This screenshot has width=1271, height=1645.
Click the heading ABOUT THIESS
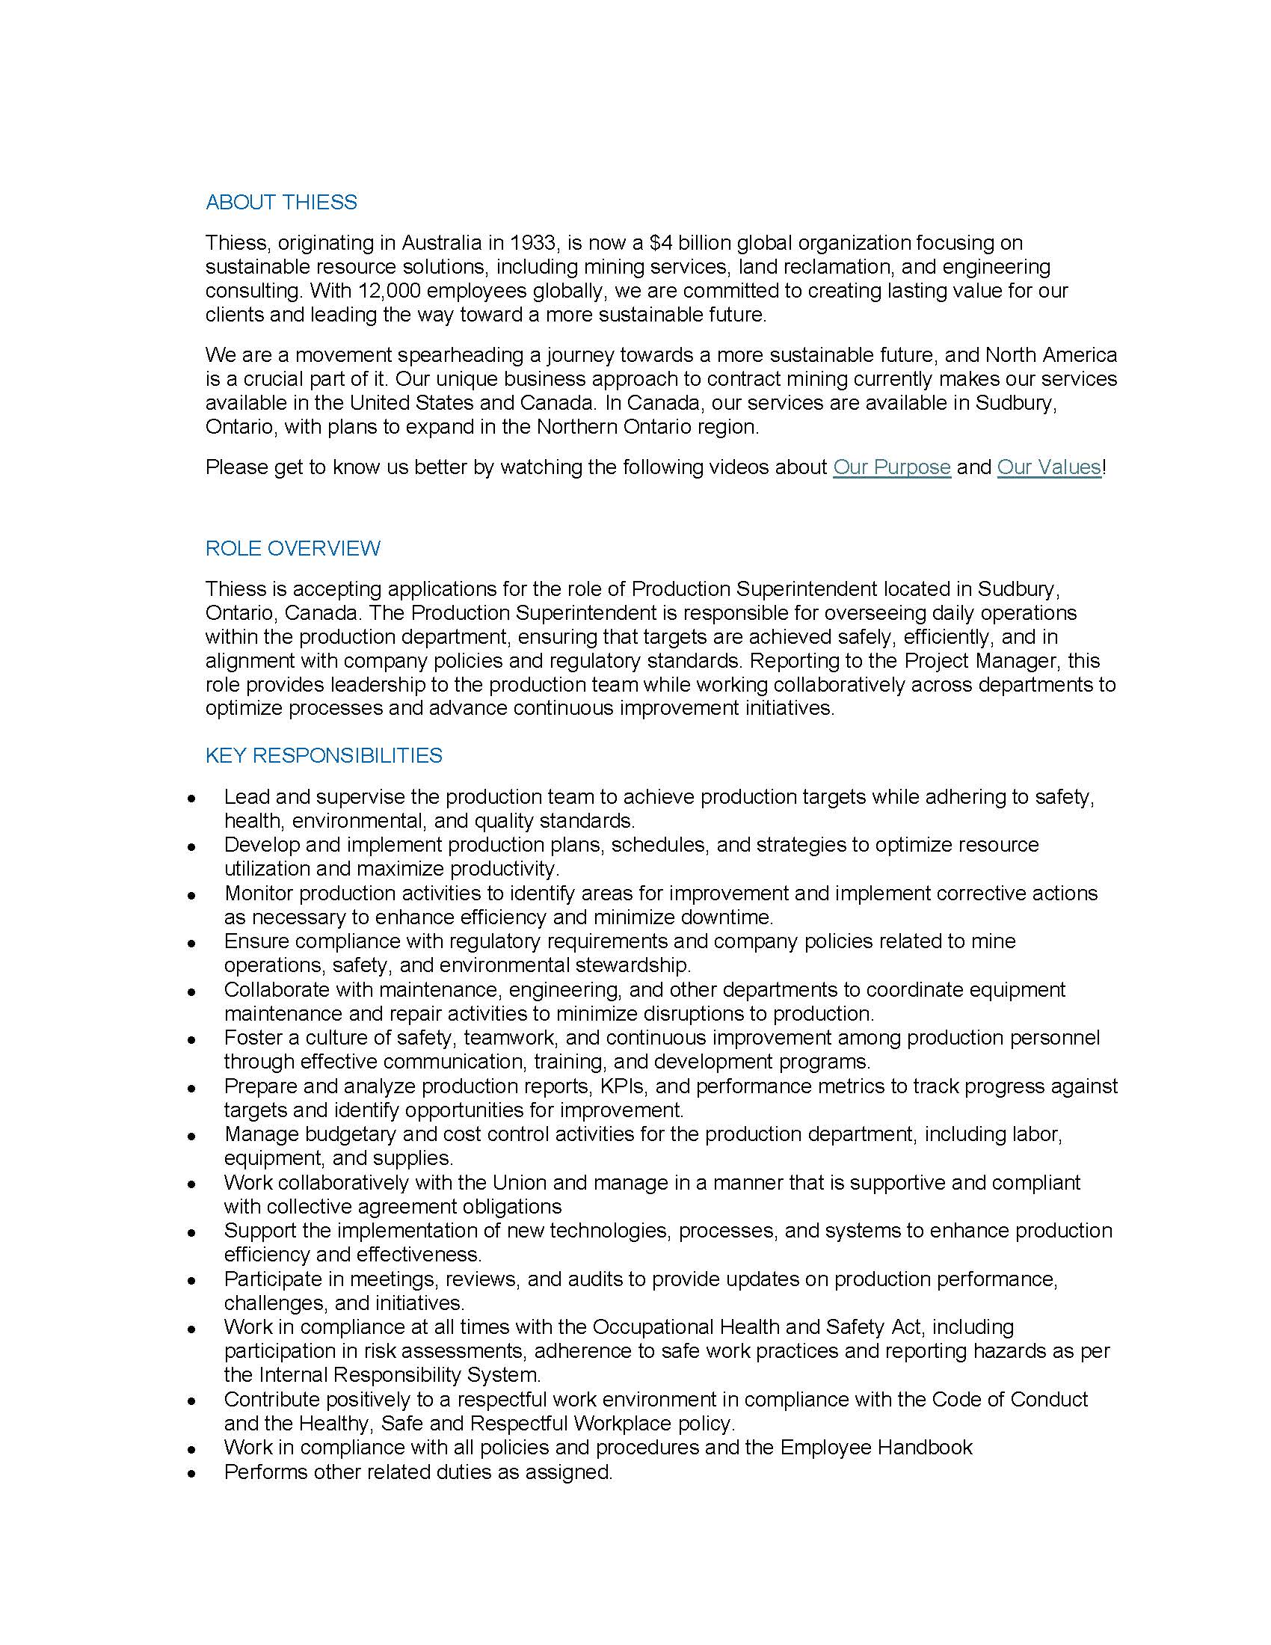pyautogui.click(x=281, y=202)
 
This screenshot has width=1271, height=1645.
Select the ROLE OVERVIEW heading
pyautogui.click(x=293, y=547)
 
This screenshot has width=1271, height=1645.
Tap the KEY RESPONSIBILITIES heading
pyautogui.click(x=324, y=754)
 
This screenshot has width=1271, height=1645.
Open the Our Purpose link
pyautogui.click(x=891, y=467)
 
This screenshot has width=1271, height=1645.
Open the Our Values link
pyautogui.click(x=1049, y=467)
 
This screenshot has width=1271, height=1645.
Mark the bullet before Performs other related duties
pyautogui.click(x=193, y=1472)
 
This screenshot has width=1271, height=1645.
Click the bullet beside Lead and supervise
pyautogui.click(x=193, y=797)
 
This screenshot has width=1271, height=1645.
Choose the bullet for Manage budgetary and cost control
pyautogui.click(x=193, y=1135)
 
